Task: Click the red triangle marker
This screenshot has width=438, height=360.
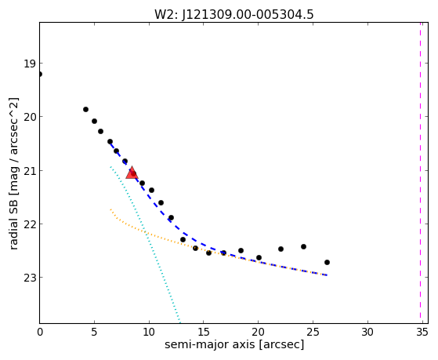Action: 132,173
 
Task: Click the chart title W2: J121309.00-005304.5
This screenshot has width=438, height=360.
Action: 234,15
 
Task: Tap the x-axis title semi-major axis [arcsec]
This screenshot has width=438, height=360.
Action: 234,344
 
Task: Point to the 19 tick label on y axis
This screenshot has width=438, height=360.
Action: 30,64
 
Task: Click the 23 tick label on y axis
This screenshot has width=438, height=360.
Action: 30,277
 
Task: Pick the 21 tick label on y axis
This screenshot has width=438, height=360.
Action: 30,170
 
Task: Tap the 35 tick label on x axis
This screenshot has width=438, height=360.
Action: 422,332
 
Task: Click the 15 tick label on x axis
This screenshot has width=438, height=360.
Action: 204,332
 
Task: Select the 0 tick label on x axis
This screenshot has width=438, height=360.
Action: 40,332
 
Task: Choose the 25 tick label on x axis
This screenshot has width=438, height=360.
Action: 313,332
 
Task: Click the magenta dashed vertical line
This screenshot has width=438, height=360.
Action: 420,173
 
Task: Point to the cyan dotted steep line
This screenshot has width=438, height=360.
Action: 145,245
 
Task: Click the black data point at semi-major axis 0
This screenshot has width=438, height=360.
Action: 40,75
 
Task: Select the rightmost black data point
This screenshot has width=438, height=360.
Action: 327,263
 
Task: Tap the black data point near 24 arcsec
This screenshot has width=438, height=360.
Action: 304,247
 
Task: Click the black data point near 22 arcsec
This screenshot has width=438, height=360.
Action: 281,249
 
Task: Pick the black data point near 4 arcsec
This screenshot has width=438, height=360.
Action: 85,109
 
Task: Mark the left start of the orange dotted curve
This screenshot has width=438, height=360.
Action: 110,209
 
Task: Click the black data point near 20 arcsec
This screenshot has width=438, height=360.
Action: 259,257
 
